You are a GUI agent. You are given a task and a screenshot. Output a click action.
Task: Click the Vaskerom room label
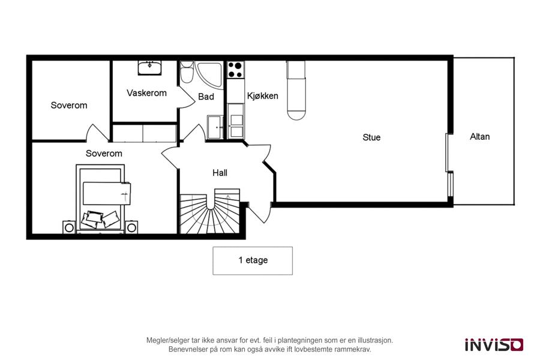147,93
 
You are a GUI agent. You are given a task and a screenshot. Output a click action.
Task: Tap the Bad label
206,97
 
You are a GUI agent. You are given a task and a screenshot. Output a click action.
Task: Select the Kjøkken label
262,96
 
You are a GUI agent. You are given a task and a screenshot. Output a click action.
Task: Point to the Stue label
371,137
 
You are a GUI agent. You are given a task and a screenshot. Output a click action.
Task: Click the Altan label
480,137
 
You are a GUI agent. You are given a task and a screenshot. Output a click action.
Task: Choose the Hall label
220,173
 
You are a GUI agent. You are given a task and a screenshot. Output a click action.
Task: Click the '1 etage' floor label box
253,260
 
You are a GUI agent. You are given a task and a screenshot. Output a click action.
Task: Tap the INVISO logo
494,344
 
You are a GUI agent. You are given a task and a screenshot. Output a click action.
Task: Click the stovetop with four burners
236,70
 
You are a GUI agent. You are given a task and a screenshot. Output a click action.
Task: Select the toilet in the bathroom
187,72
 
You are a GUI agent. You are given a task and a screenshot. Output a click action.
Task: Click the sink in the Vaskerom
149,68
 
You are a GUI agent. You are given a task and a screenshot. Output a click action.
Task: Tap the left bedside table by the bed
69,227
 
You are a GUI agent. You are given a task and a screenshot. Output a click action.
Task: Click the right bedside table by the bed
131,227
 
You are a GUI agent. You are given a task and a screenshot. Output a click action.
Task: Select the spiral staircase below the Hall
209,211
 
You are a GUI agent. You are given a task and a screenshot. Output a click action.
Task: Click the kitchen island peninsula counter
296,90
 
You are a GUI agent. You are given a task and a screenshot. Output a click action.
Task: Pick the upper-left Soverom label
69,106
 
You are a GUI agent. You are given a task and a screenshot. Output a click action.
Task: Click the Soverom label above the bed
104,154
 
